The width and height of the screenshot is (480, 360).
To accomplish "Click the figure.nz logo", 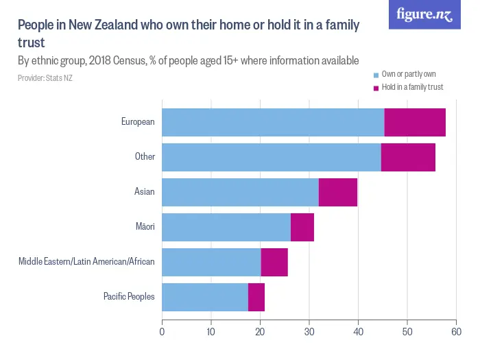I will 424,15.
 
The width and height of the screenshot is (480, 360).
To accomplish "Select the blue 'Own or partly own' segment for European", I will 273,122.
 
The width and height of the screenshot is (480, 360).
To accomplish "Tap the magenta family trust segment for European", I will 415,122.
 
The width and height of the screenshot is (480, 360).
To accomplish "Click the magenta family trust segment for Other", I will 408,157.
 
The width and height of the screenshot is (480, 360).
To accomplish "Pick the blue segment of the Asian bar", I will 240,192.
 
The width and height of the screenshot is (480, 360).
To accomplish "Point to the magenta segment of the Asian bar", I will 338,192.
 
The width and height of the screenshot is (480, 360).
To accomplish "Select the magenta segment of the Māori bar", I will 302,227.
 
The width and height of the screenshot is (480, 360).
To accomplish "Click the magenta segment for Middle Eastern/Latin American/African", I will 274,262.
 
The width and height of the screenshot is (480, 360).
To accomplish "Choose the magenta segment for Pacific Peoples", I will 256,297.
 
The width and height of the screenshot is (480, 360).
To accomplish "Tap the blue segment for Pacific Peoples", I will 205,297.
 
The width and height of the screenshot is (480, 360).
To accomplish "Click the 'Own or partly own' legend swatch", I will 376,74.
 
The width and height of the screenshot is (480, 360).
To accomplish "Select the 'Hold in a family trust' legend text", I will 412,87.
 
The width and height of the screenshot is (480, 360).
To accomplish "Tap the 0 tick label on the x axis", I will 162,331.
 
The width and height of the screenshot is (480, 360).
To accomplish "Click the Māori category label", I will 144,227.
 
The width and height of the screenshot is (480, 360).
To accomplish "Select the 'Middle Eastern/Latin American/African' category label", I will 86,262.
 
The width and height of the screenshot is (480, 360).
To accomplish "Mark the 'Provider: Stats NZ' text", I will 45,79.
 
